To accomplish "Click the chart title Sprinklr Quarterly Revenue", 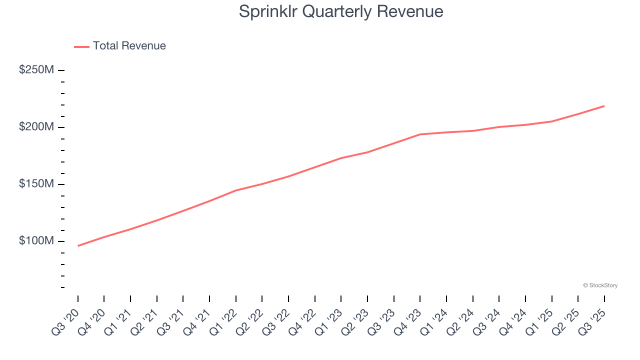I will coord(341,11).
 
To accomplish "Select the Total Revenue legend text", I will coord(129,46).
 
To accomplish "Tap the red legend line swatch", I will coord(81,46).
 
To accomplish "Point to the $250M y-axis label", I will coord(36,70).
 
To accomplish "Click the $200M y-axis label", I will coord(36,127).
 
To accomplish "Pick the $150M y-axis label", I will coord(36,184).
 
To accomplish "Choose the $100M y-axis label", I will coord(36,241).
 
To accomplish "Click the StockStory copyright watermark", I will coord(600,285).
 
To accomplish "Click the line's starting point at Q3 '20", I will coord(78,246).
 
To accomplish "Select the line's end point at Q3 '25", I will coord(604,106).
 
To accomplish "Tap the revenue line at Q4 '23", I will coord(420,134).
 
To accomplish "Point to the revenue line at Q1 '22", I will coord(236,190).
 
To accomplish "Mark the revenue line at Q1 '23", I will coord(341,158).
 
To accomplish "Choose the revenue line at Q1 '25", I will coord(552,121).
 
